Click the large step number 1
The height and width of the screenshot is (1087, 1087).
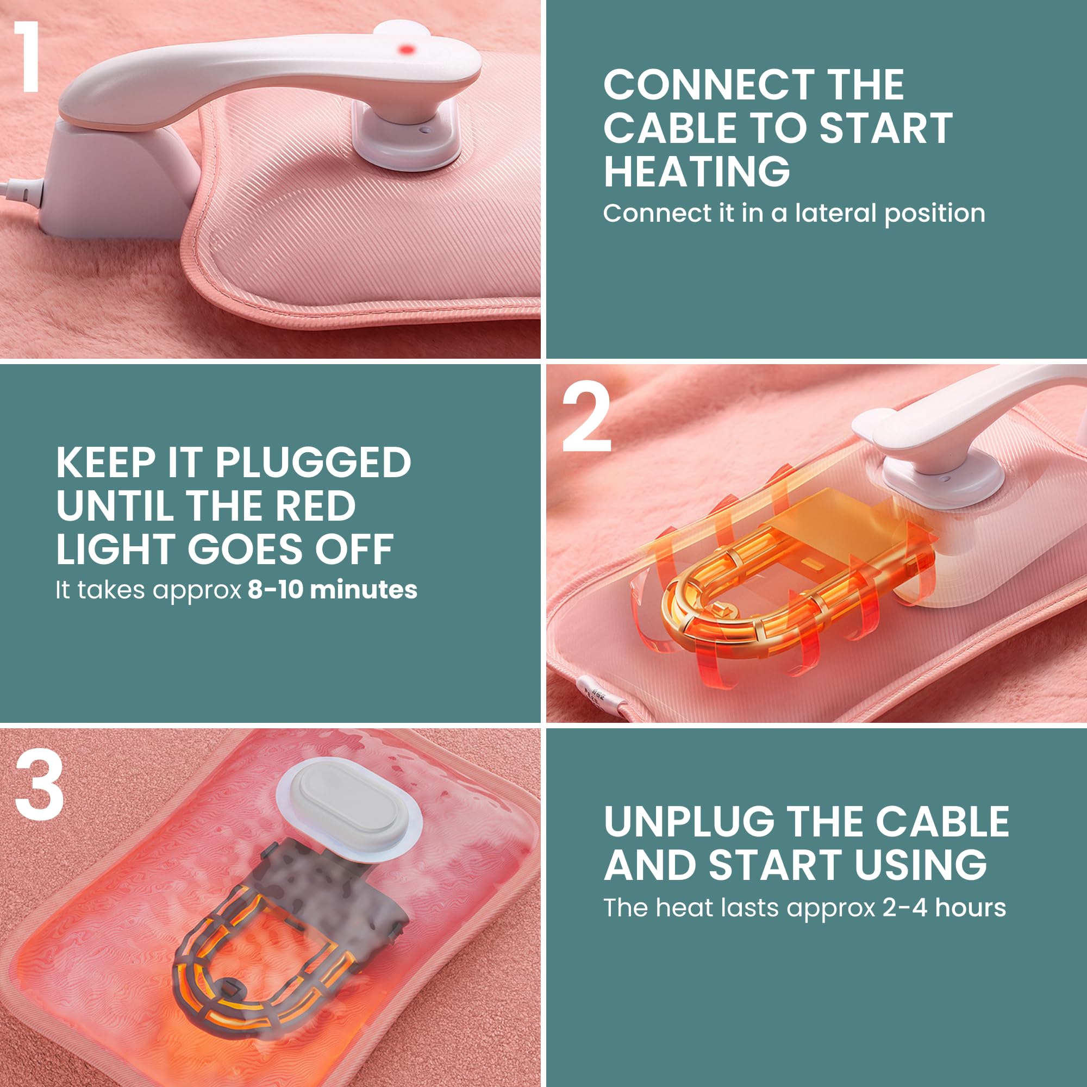(x=27, y=57)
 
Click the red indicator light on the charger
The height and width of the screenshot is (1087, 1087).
(x=406, y=49)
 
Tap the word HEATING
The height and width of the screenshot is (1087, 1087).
(x=697, y=172)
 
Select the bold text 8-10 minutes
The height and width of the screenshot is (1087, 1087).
(x=333, y=590)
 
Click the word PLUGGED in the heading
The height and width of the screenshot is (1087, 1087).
(x=313, y=463)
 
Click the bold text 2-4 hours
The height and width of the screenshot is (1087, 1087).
(x=944, y=908)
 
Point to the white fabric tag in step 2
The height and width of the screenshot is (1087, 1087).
(x=598, y=697)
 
